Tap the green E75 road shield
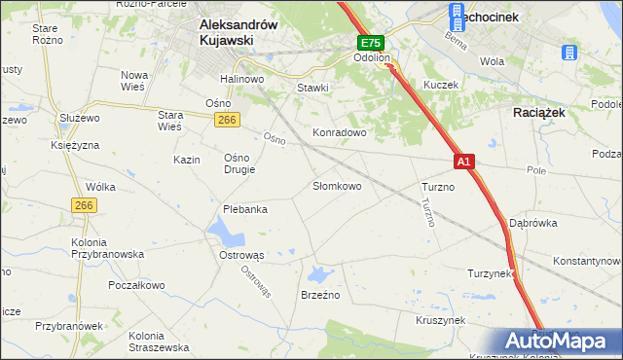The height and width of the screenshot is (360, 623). click(370, 44)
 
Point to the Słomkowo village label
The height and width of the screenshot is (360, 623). click(337, 185)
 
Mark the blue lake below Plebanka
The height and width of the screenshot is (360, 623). click(226, 233)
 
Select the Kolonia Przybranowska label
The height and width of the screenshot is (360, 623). click(107, 247)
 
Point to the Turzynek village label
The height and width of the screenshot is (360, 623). click(490, 273)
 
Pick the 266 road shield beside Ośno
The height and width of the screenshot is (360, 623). click(227, 119)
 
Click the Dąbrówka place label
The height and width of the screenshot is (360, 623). click(532, 222)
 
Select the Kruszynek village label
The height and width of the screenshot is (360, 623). click(440, 319)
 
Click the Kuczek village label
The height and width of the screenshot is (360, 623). click(440, 85)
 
